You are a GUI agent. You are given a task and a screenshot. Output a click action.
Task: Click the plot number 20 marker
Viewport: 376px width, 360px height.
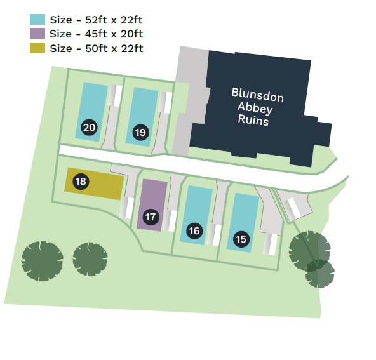(x=89, y=127)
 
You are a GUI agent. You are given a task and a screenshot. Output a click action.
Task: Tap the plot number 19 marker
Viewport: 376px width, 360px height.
(x=140, y=132)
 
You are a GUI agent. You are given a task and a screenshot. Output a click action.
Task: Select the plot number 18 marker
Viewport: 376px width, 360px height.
(x=81, y=181)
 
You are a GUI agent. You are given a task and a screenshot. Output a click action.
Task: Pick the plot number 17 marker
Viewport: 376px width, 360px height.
(x=151, y=217)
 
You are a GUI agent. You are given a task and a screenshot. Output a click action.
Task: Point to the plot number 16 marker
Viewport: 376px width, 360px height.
(x=194, y=231)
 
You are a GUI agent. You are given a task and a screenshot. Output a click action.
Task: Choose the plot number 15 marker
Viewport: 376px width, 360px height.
(x=241, y=239)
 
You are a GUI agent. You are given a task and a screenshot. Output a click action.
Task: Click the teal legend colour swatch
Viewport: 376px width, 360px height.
(x=37, y=20)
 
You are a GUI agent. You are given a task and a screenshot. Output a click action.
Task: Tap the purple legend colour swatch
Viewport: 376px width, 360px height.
(x=37, y=34)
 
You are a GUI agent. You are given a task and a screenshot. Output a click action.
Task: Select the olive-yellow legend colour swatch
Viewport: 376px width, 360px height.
(x=37, y=48)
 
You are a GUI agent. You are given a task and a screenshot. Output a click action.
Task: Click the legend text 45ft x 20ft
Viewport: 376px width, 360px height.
(x=114, y=34)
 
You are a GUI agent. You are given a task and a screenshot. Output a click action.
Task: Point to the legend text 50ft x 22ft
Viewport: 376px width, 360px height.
(x=114, y=48)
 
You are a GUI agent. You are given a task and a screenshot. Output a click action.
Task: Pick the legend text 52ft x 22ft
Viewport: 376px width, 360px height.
(x=114, y=20)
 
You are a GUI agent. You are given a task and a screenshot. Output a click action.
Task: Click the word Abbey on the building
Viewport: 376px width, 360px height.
(x=255, y=109)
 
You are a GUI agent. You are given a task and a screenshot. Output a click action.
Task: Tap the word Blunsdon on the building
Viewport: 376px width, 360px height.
(x=258, y=95)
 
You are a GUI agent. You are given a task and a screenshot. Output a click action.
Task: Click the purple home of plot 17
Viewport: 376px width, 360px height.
(x=152, y=205)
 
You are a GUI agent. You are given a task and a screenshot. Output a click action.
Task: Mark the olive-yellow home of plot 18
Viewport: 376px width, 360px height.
(x=94, y=183)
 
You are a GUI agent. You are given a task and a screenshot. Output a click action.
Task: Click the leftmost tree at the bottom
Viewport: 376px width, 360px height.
(x=42, y=261)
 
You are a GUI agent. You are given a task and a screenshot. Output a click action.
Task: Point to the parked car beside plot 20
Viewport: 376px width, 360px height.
(x=114, y=96)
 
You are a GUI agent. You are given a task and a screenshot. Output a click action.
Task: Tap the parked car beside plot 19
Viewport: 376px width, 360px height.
(x=166, y=102)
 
